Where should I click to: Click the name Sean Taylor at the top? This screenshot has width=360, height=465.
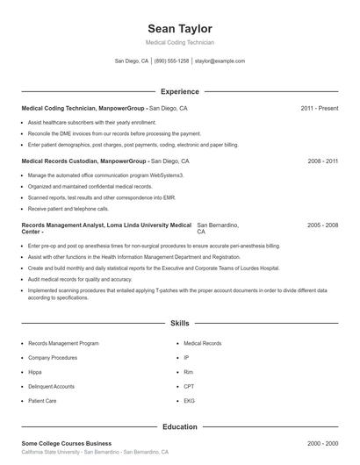coord(180,29)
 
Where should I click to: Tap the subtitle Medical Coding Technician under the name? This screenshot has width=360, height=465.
coord(180,42)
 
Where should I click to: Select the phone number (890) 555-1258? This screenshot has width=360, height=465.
coord(172,61)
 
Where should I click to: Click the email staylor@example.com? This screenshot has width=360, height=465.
coord(220,61)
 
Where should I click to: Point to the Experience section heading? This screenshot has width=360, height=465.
coord(180,91)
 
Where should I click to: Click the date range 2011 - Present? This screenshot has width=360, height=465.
coord(319,109)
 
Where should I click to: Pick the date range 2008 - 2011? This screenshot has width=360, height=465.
coord(322,161)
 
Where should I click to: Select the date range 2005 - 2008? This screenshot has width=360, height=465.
coord(322,225)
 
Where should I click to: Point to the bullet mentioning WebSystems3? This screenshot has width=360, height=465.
coord(105,175)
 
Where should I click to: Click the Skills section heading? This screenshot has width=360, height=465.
coord(180,323)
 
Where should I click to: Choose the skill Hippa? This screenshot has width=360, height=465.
coord(36,372)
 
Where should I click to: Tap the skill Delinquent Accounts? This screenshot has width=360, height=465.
coord(51,386)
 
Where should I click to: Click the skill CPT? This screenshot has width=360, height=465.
coord(189,386)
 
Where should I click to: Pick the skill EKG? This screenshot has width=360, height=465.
coord(189,400)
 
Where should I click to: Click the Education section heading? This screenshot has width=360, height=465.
coord(180,426)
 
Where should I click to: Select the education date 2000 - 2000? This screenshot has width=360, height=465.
coord(322,444)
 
